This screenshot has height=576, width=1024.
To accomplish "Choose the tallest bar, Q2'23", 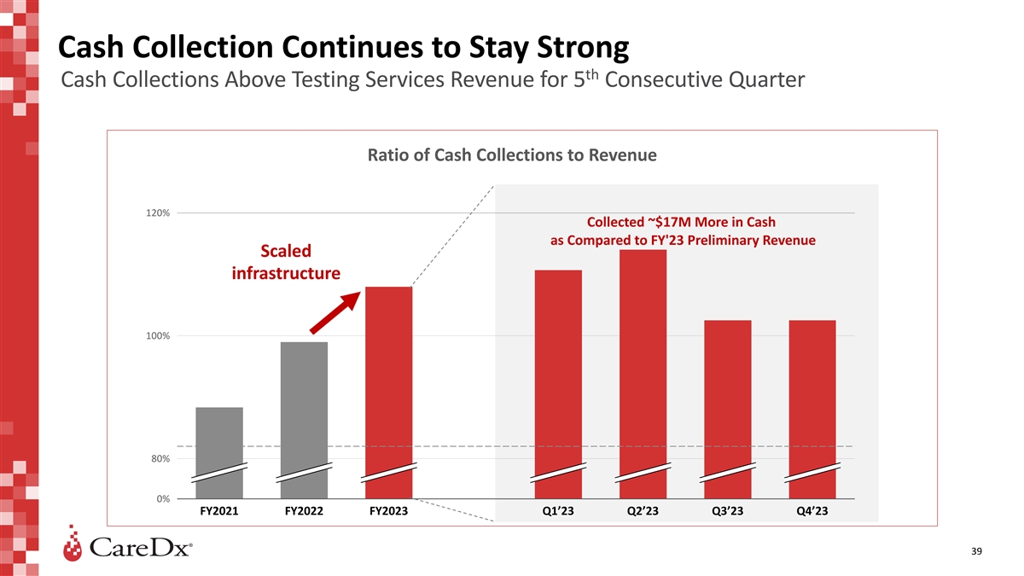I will (643, 363).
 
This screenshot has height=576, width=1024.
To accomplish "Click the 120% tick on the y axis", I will (158, 212).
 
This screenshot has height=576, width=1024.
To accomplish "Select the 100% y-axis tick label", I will (158, 336).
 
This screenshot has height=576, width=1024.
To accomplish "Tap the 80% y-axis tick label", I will (160, 459).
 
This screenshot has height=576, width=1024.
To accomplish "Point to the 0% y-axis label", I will (162, 498).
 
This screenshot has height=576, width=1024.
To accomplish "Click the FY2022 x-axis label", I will (304, 511).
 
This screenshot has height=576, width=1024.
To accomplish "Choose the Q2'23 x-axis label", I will (643, 511).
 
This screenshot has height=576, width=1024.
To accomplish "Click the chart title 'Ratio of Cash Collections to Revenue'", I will (511, 155).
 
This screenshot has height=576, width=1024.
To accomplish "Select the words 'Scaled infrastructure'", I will (286, 263).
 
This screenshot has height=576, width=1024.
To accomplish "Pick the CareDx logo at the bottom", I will (129, 547).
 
